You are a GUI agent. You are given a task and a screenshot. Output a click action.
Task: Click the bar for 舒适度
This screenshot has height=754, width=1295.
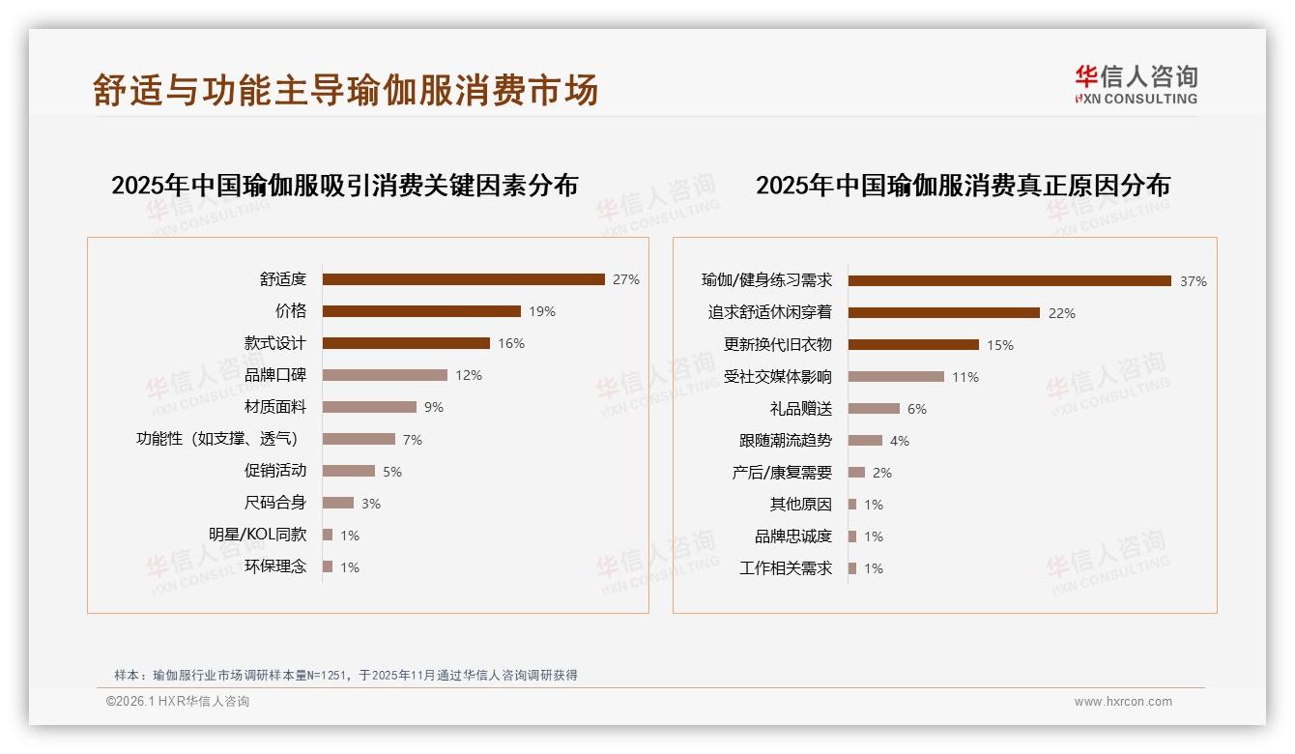tap(464, 279)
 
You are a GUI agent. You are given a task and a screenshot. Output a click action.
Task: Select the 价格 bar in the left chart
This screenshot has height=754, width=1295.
tap(421, 311)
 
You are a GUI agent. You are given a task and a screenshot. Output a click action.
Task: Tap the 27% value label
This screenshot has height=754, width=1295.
tap(625, 279)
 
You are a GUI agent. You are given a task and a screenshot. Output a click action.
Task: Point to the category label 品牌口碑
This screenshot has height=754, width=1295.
tap(275, 375)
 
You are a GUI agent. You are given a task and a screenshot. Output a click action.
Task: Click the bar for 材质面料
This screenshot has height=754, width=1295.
tap(369, 407)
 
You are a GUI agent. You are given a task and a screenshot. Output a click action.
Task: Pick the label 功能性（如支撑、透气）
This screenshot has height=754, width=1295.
tap(221, 439)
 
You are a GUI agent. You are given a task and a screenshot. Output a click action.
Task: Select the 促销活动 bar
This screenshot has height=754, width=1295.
tap(349, 471)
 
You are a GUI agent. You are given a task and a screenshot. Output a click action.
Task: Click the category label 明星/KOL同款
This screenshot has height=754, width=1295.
tap(258, 535)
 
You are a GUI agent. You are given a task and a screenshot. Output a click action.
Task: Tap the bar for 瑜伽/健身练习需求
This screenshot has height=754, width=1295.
tap(1010, 280)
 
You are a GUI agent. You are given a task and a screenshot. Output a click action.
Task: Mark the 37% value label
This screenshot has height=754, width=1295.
tap(1193, 281)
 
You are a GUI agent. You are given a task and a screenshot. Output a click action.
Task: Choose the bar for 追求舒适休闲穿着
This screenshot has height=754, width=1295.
tap(944, 312)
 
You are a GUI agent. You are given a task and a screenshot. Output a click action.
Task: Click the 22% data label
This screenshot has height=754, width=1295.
tap(1061, 313)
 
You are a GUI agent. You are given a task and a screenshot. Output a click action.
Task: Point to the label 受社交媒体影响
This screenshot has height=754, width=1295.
tap(778, 376)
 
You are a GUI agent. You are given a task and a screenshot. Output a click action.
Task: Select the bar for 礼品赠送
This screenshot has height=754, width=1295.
tap(874, 409)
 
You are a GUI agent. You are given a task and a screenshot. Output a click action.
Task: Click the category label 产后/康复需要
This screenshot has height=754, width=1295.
tap(782, 473)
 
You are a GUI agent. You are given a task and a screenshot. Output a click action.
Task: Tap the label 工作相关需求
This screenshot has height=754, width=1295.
tap(786, 568)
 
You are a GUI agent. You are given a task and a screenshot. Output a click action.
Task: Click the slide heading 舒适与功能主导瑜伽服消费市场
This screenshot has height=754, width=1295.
tap(346, 90)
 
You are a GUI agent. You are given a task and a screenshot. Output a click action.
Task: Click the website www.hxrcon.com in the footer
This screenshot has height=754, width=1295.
tap(1123, 702)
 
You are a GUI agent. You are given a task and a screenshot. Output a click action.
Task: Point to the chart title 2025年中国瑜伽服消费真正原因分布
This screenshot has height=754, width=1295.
tap(963, 185)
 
